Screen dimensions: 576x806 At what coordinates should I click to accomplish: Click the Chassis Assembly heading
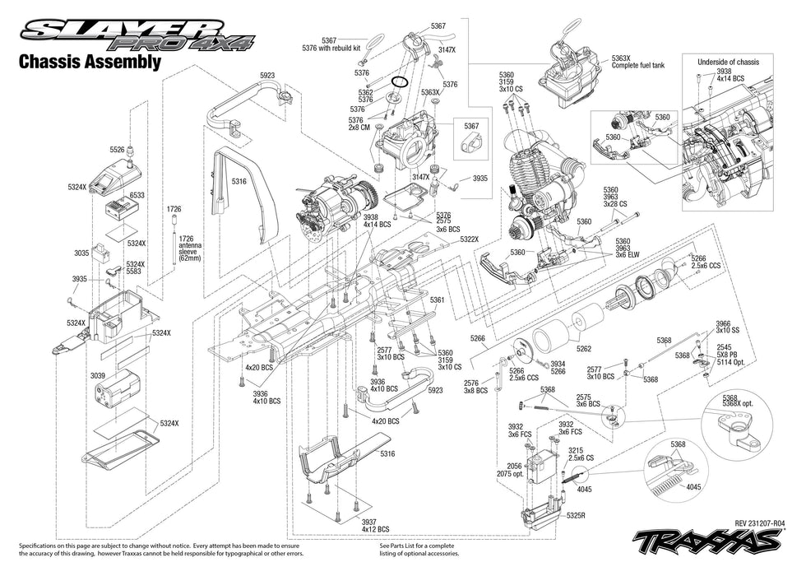(x=89, y=63)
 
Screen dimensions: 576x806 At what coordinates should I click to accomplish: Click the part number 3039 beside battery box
(x=98, y=375)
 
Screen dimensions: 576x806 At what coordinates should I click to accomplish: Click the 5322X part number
(x=469, y=239)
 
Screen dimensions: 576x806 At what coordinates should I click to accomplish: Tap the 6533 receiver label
(x=137, y=195)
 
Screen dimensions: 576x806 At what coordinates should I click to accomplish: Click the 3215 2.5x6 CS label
(x=579, y=455)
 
